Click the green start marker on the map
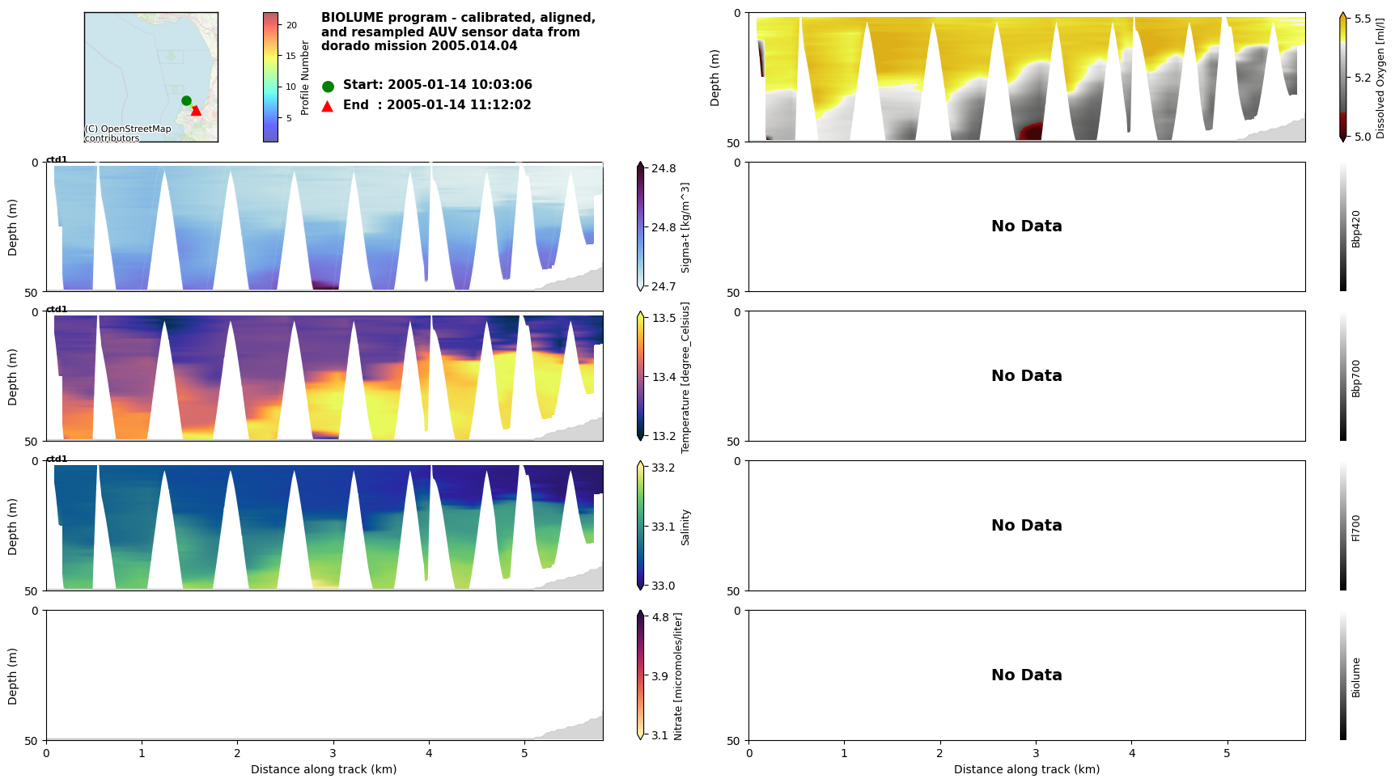[x=186, y=100]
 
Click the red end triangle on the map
[x=196, y=110]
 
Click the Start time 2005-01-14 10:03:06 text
[x=437, y=85]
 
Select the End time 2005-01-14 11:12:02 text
[x=437, y=105]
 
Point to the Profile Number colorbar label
[x=305, y=78]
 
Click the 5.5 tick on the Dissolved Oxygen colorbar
[x=1362, y=19]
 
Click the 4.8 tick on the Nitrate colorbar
[x=660, y=617]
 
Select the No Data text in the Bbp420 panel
[x=1026, y=226]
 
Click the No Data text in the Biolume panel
[x=1026, y=675]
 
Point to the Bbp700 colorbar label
[x=1356, y=378]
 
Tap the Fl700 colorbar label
[x=1356, y=527]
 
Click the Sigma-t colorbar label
[x=685, y=227]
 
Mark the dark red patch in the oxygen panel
[x=1030, y=132]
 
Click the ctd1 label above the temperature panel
[x=57, y=309]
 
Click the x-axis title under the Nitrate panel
[x=324, y=769]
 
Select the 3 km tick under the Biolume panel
[x=1035, y=753]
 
